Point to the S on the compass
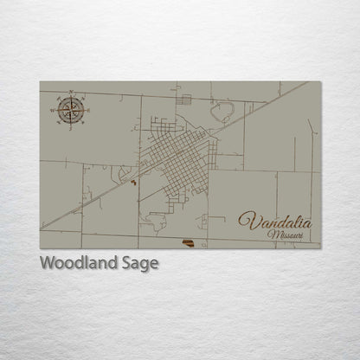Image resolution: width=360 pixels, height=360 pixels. (x=72, y=126)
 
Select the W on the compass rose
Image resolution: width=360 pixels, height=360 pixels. (x=56, y=111)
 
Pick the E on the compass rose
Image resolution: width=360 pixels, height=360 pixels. (x=87, y=111)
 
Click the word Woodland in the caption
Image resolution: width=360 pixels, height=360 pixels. (x=76, y=263)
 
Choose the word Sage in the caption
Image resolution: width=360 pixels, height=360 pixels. (x=138, y=264)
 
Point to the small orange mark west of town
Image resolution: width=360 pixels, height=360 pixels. (x=132, y=182)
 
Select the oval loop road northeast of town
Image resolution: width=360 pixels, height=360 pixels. (x=224, y=111)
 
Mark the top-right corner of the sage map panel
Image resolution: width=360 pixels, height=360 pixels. (x=320, y=82)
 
